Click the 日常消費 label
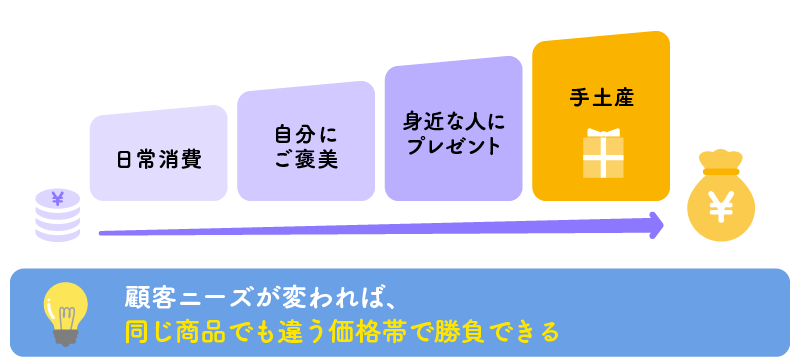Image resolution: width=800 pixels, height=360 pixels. coord(158,158)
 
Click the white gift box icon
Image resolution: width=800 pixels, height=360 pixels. coord(603,153)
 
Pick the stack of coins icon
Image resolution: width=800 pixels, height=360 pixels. coord(58,214)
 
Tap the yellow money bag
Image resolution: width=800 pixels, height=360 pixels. coord(720,199)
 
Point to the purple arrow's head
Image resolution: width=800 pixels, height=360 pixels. coord(656,226)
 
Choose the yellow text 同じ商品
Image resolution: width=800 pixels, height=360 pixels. coord(172,328)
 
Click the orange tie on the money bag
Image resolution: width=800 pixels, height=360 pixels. coord(721,172)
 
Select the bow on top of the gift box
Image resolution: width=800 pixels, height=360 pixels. coord(603,134)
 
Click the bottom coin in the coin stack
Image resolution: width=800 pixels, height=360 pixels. coord(58,233)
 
